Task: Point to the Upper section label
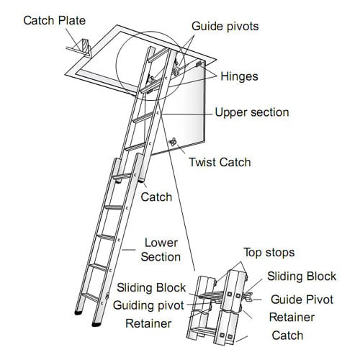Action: point(252,112)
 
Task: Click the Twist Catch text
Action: point(220,162)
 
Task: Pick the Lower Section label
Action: point(161,250)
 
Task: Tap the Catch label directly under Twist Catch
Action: point(156,197)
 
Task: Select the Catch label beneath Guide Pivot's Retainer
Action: point(287,336)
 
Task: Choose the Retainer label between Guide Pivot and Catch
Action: point(292,317)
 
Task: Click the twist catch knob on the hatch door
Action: point(173,143)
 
